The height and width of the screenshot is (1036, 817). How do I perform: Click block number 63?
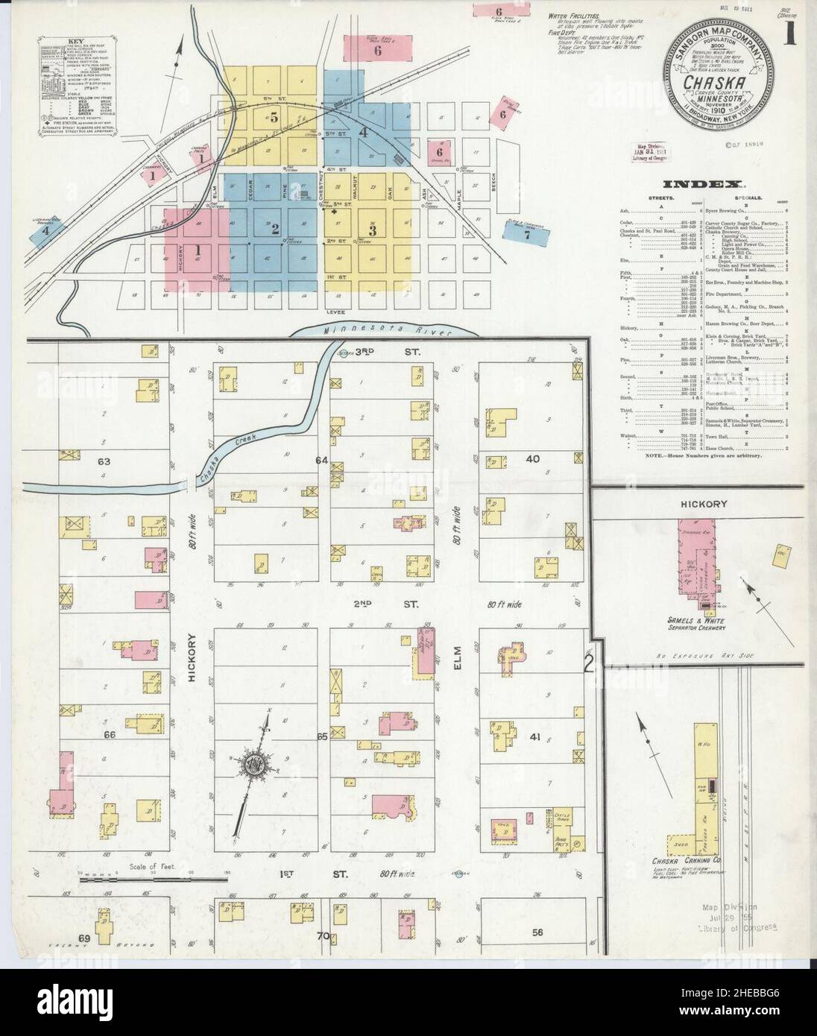[104, 462]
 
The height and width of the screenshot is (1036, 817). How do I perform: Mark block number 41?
[534, 736]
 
